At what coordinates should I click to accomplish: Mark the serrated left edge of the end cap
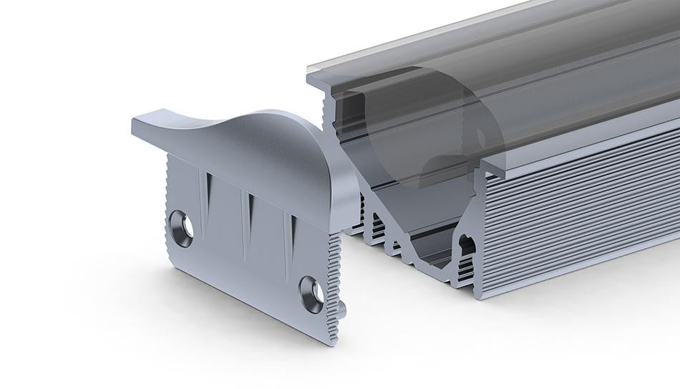click(168, 208)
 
